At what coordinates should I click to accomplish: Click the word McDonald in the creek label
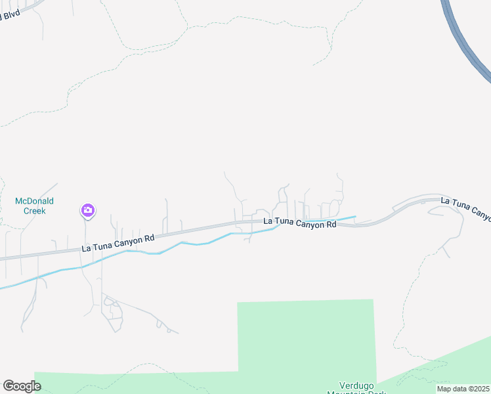[34, 201]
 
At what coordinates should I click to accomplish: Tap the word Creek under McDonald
[34, 211]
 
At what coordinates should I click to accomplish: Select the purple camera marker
[87, 210]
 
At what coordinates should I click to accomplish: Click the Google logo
[22, 386]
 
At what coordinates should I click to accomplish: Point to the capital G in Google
[9, 386]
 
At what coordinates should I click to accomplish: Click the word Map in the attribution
[444, 389]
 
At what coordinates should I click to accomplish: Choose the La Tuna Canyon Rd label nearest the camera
[117, 243]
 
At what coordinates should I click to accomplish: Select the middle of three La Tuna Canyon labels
[299, 223]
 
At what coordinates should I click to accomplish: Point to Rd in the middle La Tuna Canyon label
[330, 224]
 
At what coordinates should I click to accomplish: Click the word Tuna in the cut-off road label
[460, 206]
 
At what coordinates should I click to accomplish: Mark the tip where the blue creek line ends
[355, 216]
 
